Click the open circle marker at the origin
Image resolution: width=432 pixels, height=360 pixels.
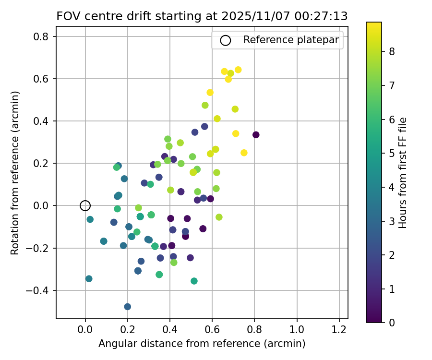coord(85,205)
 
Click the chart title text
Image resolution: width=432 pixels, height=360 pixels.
coord(202,16)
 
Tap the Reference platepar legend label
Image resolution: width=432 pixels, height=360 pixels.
coord(291,40)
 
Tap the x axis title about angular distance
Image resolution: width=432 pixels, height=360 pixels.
coord(202,344)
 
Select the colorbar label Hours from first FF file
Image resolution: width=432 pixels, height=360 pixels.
coord(403,173)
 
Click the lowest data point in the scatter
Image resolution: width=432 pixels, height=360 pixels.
coord(127,307)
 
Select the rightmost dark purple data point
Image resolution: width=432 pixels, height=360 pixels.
coord(256,135)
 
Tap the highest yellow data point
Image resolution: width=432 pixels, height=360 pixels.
coord(238,70)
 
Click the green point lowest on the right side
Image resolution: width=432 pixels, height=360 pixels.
coord(194,281)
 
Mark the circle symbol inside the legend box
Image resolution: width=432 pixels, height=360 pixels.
coord(225,40)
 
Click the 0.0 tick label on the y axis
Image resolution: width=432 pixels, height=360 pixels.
coord(45,206)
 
